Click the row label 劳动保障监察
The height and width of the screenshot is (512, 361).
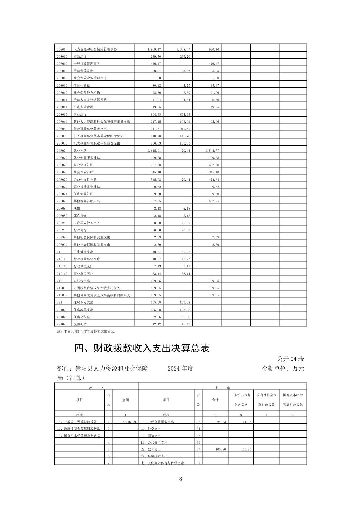(83, 71)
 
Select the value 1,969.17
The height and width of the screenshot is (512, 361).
(154, 49)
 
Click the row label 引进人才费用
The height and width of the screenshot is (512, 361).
(83, 107)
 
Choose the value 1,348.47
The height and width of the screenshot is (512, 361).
(183, 49)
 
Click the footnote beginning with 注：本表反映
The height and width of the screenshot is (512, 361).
(87, 331)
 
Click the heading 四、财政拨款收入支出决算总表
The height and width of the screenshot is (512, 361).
(142, 348)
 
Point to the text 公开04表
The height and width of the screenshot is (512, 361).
(290, 359)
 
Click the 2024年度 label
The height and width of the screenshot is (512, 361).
(180, 369)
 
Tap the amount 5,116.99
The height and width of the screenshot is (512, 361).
(129, 422)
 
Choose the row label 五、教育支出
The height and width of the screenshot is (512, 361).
(151, 449)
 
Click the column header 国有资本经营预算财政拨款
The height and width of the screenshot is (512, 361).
(293, 400)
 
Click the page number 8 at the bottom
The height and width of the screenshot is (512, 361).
(180, 479)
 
